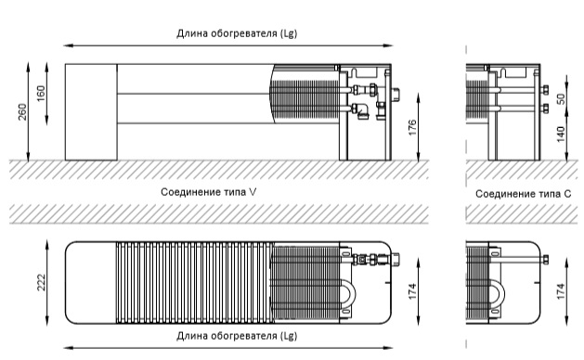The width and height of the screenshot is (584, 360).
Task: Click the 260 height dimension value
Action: click(22, 111)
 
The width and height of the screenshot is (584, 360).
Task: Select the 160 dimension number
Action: click(41, 94)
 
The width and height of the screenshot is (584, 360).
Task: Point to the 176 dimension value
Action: click(412, 127)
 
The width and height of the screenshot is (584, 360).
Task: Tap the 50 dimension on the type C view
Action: click(561, 98)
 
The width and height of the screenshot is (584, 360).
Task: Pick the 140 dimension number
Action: click(561, 134)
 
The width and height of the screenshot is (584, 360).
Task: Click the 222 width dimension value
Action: click(41, 282)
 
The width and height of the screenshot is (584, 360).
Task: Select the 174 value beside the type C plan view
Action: click(561, 291)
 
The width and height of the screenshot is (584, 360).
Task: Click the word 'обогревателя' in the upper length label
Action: click(244, 33)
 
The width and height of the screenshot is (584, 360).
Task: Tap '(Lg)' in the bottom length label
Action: click(288, 336)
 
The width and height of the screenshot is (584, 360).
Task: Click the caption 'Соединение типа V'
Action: click(209, 192)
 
